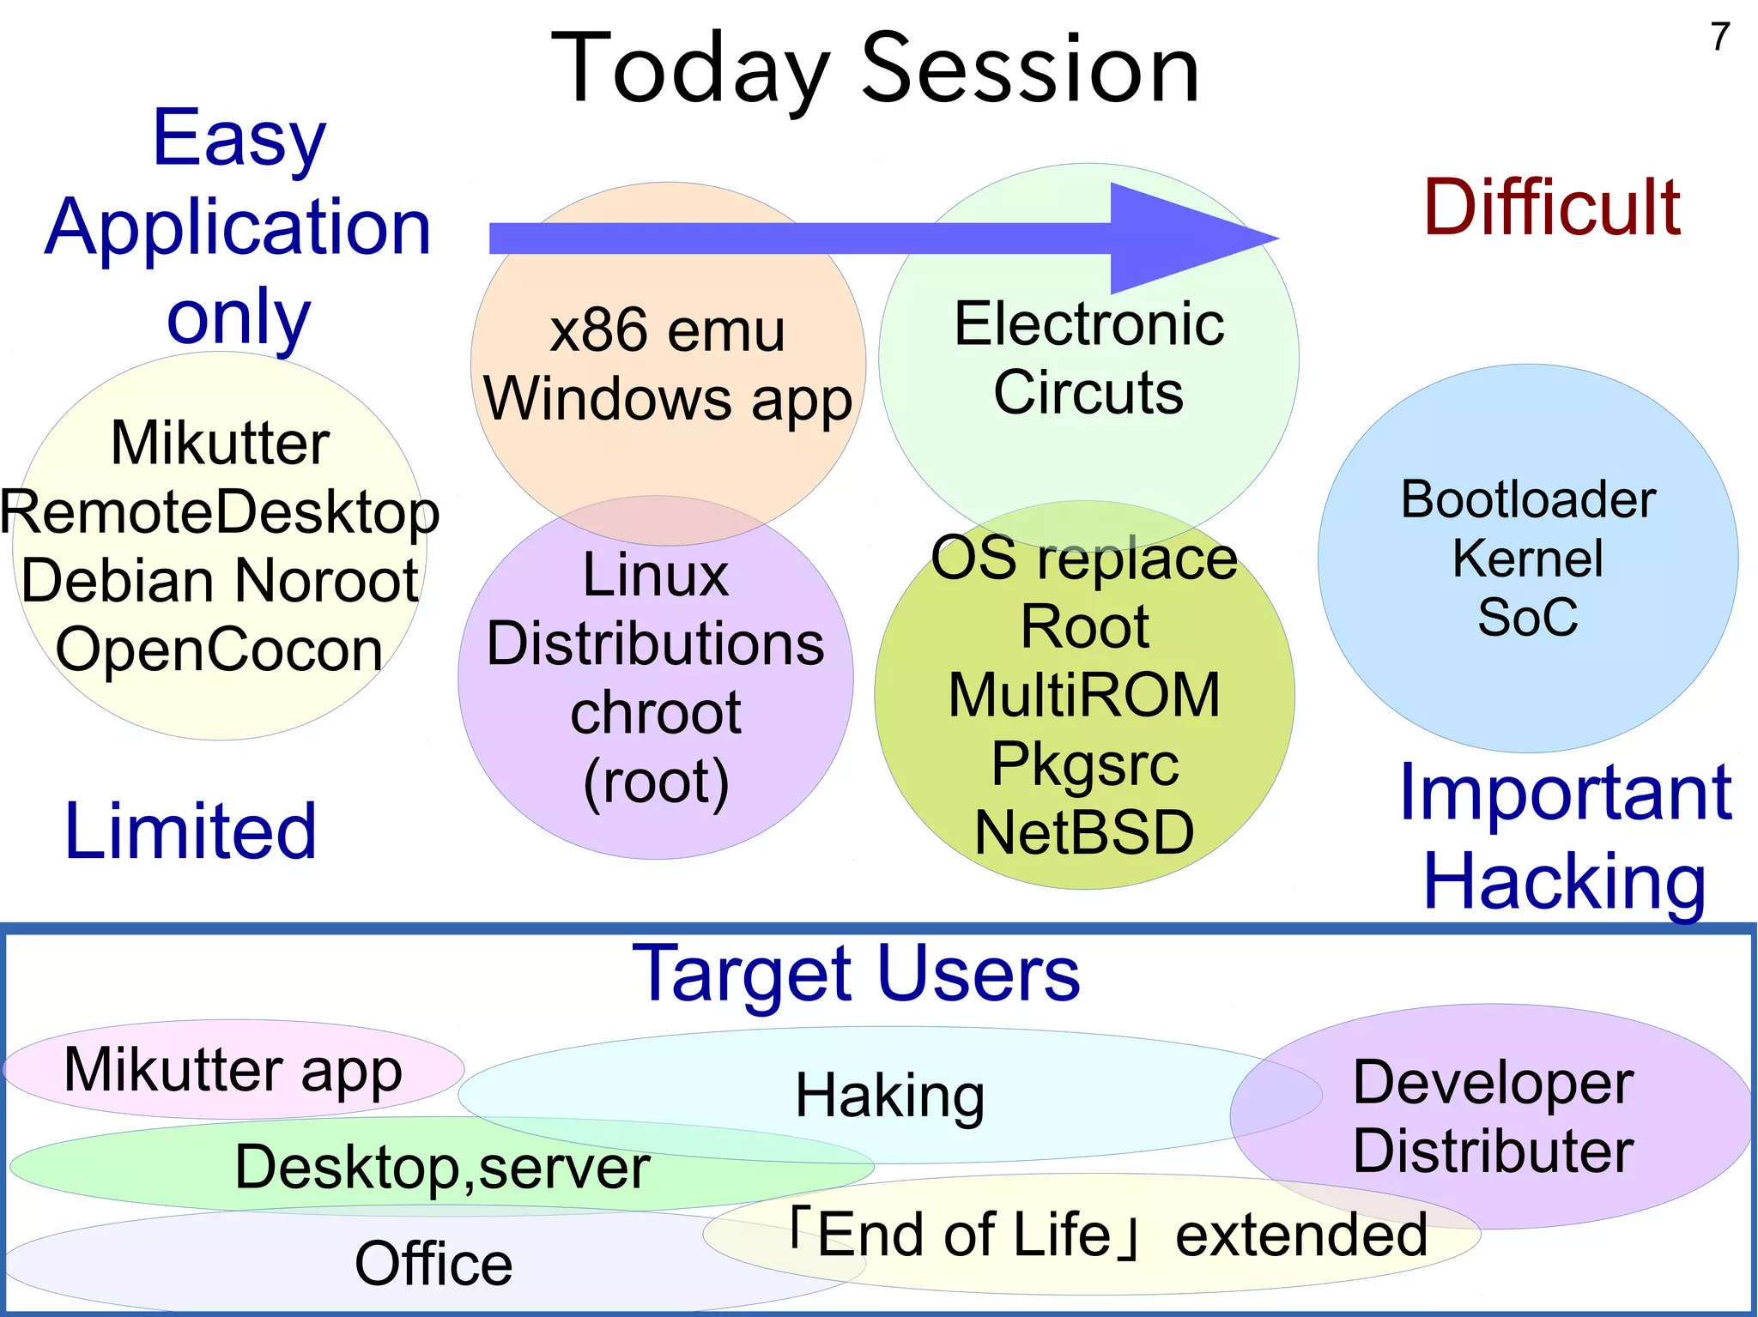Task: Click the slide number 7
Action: click(1719, 37)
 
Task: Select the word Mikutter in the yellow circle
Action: click(220, 443)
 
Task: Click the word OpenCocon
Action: click(220, 649)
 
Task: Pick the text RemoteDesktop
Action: click(220, 512)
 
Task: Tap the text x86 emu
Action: click(667, 330)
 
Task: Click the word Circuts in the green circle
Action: click(1088, 393)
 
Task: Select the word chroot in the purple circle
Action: click(655, 712)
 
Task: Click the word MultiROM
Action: click(1083, 695)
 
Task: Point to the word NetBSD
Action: click(1083, 832)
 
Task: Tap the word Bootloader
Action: click(1527, 499)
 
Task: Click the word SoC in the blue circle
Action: click(1527, 616)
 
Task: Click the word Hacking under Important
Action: click(1564, 882)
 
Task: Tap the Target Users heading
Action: click(856, 974)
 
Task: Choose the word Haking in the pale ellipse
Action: click(889, 1096)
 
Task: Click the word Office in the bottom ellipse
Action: click(433, 1263)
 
